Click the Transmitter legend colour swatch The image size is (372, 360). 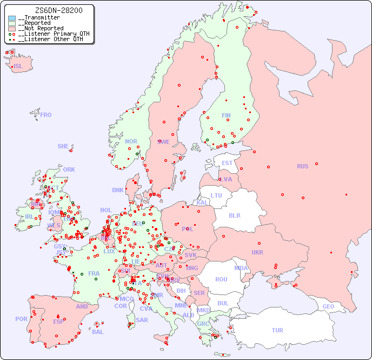pyautogui.click(x=12, y=18)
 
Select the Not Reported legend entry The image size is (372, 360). pyautogui.click(x=41, y=28)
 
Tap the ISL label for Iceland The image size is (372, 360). pyautogui.click(x=18, y=67)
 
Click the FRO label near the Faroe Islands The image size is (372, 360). pyautogui.click(x=46, y=115)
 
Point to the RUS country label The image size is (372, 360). pyautogui.click(x=302, y=166)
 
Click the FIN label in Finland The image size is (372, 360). pyautogui.click(x=226, y=115)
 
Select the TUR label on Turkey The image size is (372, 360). pyautogui.click(x=277, y=330)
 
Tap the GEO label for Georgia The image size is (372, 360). pyautogui.click(x=328, y=306)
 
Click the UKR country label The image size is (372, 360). pyautogui.click(x=257, y=252)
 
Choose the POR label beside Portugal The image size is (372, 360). pyautogui.click(x=21, y=319)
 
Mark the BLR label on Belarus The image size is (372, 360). pyautogui.click(x=234, y=215)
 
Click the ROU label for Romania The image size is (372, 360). pyautogui.click(x=221, y=279)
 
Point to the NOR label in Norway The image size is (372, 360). pyautogui.click(x=131, y=141)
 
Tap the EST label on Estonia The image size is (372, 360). pyautogui.click(x=227, y=163)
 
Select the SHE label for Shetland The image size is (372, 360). pyautogui.click(x=63, y=146)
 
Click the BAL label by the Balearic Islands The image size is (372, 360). pyautogui.click(x=98, y=332)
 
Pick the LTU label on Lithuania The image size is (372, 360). pyautogui.click(x=216, y=195)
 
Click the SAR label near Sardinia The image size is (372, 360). pyautogui.click(x=142, y=320)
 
